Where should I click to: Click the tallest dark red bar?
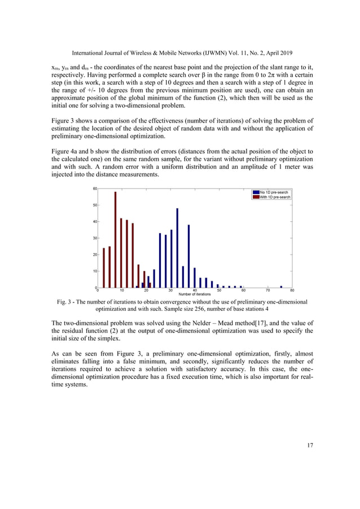coord(115,240)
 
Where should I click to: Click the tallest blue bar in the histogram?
coord(177,248)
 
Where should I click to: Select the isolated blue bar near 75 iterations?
coord(281,286)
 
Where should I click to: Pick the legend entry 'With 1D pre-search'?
coord(275,197)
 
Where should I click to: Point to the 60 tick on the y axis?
coord(95,188)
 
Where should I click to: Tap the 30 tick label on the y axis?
coord(95,238)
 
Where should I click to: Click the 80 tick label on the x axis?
coord(292,291)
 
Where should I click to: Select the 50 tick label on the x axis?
coord(218,291)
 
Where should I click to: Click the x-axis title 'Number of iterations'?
coord(194,295)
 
